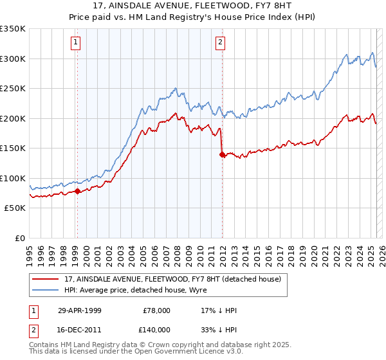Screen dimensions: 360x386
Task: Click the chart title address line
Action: click(x=193, y=6)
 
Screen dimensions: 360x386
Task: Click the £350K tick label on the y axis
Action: click(x=13, y=29)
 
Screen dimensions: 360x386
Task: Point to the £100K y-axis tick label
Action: click(x=13, y=178)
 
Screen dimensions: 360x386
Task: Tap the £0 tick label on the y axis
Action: click(x=19, y=238)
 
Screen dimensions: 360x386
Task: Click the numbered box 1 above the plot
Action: click(x=75, y=43)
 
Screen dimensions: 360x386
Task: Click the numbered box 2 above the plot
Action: click(x=220, y=43)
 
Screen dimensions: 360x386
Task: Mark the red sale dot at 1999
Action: click(x=77, y=191)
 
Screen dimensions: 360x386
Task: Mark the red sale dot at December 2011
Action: click(x=222, y=154)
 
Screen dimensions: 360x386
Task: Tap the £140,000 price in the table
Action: click(x=156, y=329)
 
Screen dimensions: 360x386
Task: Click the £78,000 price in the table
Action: click(x=156, y=311)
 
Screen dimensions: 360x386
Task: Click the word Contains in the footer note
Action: click(x=44, y=345)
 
